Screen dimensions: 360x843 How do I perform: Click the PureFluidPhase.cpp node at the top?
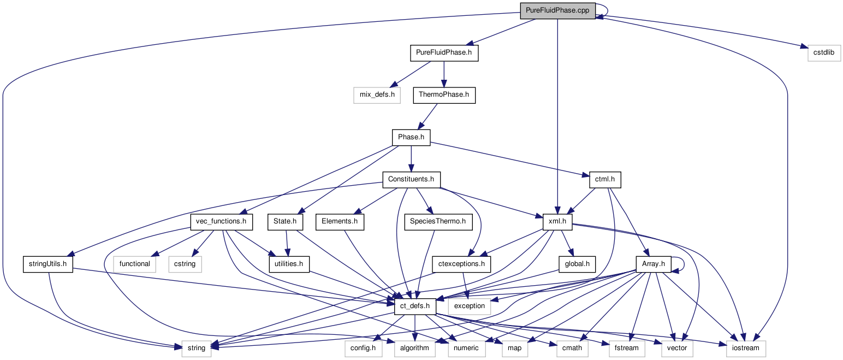click(557, 10)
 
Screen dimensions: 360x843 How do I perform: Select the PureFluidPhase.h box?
click(444, 53)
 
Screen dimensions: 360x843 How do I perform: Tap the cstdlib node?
click(824, 53)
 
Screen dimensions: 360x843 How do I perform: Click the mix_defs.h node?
click(377, 95)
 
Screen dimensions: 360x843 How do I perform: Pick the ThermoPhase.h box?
click(444, 95)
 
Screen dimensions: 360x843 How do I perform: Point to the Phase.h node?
click(411, 137)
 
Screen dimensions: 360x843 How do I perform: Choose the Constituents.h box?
click(411, 179)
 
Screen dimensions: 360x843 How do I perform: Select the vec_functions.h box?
click(222, 222)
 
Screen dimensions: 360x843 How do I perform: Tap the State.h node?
click(286, 222)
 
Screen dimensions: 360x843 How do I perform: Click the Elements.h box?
click(340, 222)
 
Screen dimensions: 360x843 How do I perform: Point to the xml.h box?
click(557, 222)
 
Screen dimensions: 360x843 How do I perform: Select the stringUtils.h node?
click(48, 264)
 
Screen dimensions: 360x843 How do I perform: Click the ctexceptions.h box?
click(461, 264)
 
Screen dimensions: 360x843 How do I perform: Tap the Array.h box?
click(653, 264)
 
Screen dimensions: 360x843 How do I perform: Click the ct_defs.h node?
click(415, 306)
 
